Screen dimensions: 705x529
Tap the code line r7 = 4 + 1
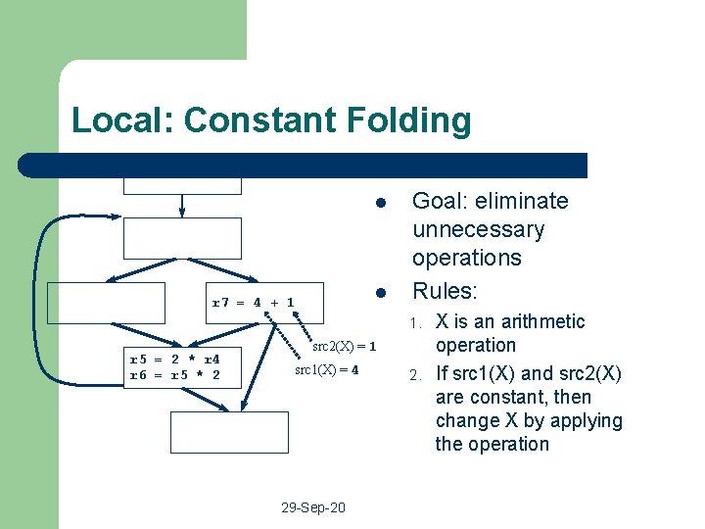[254, 303]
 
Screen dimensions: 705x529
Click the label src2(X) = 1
[345, 346]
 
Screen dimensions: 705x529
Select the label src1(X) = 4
[327, 370]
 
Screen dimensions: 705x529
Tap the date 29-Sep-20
[312, 507]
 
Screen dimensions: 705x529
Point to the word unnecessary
[478, 230]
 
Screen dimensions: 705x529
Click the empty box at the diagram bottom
[230, 432]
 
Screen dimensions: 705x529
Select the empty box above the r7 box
[182, 237]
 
